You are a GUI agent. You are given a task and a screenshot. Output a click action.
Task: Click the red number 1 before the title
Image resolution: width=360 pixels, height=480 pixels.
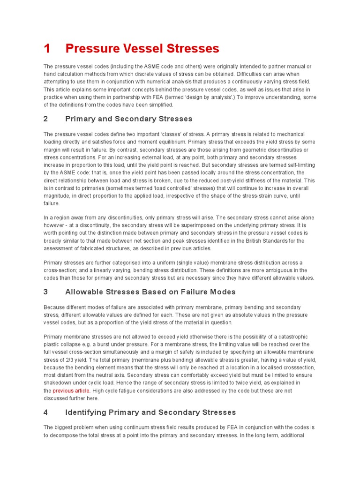46,48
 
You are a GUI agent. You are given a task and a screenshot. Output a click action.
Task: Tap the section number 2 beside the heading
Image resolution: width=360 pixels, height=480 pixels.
46,119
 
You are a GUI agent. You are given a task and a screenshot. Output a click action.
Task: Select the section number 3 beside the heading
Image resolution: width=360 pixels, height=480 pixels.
46,292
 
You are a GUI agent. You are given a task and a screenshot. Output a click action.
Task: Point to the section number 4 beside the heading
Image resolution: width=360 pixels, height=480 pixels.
46,412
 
